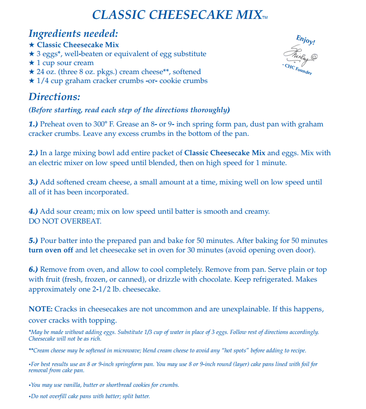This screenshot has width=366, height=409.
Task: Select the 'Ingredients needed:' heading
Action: click(73, 33)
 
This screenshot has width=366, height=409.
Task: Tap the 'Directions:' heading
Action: click(54, 97)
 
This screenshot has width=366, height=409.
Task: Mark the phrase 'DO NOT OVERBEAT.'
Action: click(65, 221)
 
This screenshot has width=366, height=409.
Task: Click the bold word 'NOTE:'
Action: click(41, 309)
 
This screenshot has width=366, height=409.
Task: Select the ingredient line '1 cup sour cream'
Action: click(64, 63)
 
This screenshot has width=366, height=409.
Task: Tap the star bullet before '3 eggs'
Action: click(32, 54)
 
